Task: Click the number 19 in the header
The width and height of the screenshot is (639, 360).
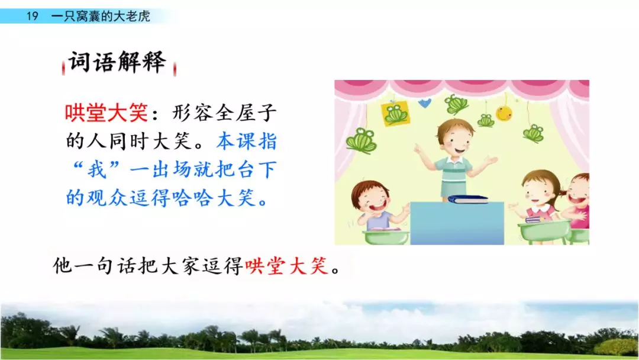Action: pos(32,16)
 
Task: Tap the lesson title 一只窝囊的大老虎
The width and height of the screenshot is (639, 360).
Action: pos(101,16)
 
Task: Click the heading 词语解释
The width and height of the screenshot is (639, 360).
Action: pos(117,62)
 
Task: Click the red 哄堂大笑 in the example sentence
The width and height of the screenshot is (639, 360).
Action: pos(286,266)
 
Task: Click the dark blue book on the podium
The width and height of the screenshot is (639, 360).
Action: pos(467,199)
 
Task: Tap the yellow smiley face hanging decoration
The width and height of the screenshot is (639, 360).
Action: pos(504,112)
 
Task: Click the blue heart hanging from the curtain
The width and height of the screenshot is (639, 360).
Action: pos(425,103)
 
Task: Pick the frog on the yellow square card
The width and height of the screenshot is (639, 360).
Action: pos(396,113)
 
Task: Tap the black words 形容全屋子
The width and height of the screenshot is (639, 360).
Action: pos(224,112)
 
